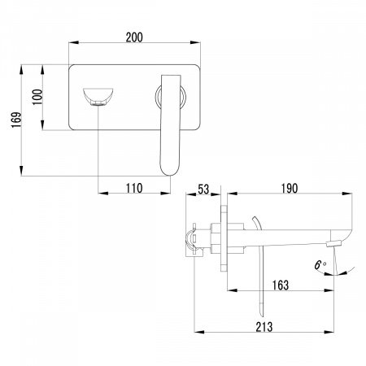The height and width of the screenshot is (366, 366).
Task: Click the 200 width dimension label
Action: point(134,37)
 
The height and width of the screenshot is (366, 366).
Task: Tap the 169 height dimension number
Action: point(16,120)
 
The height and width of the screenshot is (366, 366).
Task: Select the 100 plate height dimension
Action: point(37,97)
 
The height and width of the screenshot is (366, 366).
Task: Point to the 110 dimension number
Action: point(134,188)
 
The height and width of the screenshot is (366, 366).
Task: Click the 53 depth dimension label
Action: point(203,190)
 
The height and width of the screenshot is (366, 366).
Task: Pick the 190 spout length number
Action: point(290,188)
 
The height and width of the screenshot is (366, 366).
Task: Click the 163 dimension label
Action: point(281,285)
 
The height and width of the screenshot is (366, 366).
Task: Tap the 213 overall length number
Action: point(264,327)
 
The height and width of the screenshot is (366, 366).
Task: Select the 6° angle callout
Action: point(320,265)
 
